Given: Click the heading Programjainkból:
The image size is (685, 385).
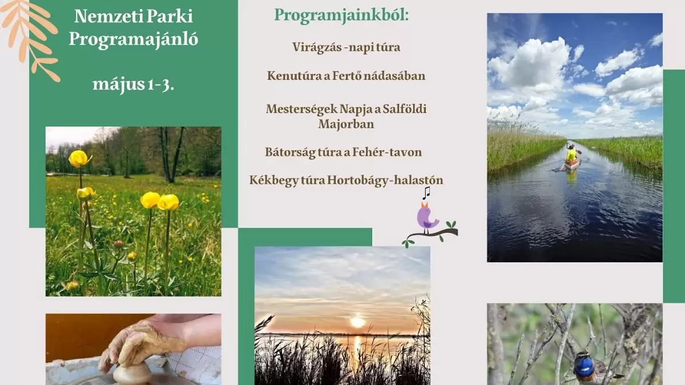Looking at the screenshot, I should [x=341, y=15].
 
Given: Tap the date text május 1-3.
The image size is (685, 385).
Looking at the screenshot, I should [x=133, y=85].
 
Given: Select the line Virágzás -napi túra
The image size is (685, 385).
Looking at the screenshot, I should [x=346, y=47].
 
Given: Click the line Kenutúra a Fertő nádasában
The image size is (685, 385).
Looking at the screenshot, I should [x=346, y=75].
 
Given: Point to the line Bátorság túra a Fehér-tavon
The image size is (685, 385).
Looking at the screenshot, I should [x=343, y=152].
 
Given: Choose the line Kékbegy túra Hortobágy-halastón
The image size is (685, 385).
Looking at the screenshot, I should [x=346, y=180].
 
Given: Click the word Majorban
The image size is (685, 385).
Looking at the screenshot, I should [x=346, y=123].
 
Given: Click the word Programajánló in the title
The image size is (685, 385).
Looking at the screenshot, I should [x=133, y=38].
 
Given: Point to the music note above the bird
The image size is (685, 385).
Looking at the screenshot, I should [x=426, y=193].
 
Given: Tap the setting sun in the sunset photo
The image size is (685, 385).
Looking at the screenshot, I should [x=357, y=322].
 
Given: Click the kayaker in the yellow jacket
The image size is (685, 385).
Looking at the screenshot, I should [x=571, y=154].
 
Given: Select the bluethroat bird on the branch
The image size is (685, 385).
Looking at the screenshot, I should [x=585, y=365].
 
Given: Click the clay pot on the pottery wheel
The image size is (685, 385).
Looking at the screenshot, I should [x=132, y=373].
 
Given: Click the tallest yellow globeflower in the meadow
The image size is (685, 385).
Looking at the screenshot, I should [x=79, y=158].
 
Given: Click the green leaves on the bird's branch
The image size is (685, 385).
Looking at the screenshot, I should [x=452, y=224].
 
